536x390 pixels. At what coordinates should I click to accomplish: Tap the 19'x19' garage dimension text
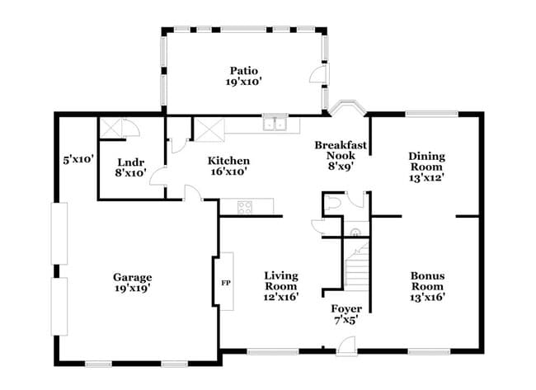133,289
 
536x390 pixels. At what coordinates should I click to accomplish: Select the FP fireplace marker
225,283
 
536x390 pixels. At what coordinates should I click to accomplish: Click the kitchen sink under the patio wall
275,125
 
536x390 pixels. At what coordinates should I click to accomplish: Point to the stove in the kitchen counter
246,206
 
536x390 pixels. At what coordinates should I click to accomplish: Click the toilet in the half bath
332,201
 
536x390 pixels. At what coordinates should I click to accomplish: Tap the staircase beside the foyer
355,276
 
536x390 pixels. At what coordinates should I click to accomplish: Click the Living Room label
281,280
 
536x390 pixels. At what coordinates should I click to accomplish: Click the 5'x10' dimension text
78,158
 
